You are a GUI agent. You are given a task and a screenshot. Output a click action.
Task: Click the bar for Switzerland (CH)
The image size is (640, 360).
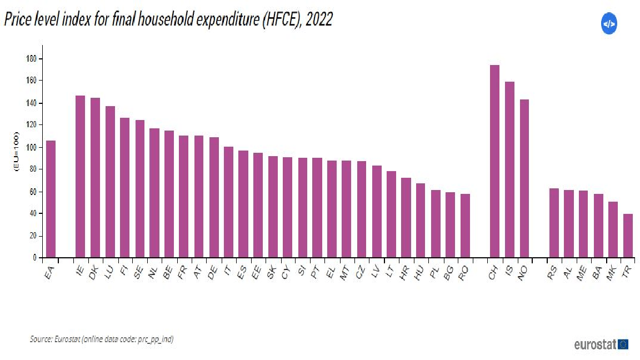tap(494, 161)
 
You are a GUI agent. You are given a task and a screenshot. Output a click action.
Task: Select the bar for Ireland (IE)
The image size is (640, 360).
tap(80, 177)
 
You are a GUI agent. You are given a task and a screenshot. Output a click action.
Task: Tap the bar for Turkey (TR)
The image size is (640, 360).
tap(628, 236)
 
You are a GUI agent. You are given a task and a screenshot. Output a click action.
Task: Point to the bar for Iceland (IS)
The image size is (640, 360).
tap(509, 169)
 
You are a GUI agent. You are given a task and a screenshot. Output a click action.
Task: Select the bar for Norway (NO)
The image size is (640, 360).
tap(524, 178)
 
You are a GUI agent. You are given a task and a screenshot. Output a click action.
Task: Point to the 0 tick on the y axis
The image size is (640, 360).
tap(34, 258)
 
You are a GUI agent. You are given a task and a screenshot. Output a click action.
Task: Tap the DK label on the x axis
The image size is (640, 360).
tap(93, 272)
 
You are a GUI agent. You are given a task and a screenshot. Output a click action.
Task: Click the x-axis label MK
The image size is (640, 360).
tap(612, 272)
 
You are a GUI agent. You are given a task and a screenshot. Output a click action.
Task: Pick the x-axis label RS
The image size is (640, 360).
tap(552, 272)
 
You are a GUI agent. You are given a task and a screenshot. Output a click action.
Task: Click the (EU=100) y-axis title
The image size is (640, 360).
tap(17, 153)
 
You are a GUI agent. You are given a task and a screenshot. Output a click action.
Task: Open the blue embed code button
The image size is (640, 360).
tap(609, 24)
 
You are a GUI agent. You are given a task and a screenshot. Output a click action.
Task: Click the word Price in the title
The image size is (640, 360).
tap(17, 21)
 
